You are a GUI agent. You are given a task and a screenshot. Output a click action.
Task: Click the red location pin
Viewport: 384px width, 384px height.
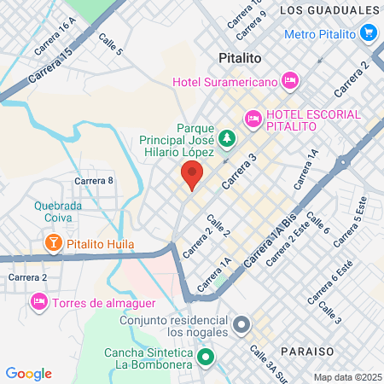[x=191, y=176]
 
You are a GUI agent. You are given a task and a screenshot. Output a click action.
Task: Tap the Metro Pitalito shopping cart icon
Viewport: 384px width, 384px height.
[x=369, y=32]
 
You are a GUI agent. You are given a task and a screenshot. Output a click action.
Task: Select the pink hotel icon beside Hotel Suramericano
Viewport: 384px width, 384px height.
[x=290, y=80]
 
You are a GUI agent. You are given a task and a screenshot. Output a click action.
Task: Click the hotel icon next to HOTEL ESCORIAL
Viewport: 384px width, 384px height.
[x=253, y=119]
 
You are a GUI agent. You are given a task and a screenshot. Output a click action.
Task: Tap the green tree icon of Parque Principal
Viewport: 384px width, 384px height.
[x=226, y=137]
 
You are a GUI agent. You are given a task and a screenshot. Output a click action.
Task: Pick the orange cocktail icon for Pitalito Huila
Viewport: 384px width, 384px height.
[x=53, y=245]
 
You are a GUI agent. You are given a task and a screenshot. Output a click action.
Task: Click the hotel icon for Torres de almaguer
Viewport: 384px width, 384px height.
[x=38, y=302]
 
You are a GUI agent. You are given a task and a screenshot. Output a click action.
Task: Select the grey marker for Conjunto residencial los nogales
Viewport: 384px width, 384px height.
[x=241, y=324]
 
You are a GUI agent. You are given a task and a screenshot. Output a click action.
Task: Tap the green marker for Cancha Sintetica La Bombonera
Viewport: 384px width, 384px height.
[x=203, y=358]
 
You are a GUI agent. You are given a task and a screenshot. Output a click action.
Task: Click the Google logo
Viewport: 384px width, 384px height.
[x=29, y=374]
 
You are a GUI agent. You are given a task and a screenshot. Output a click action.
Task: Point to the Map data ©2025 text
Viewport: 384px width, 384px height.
[x=346, y=377]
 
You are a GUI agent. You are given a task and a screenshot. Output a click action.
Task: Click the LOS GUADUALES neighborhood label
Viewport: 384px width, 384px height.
[x=329, y=10]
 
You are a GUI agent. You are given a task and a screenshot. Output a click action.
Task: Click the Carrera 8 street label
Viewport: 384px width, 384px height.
[x=94, y=180]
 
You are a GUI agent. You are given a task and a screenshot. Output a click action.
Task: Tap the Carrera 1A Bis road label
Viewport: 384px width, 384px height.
[x=267, y=245]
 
